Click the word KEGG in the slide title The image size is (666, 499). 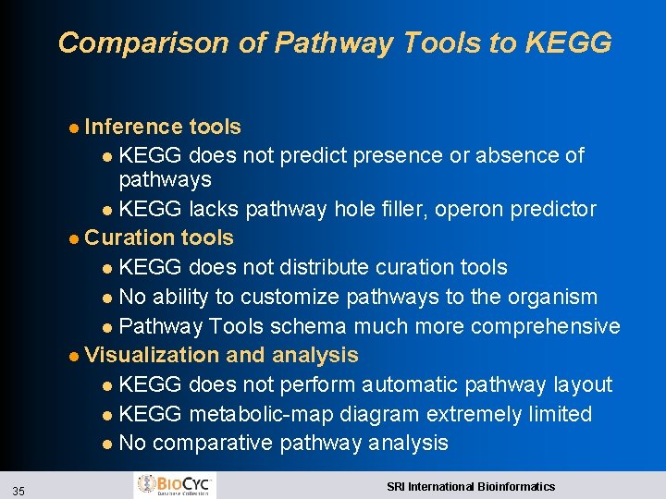[x=568, y=43]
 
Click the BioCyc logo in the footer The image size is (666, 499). [x=175, y=484]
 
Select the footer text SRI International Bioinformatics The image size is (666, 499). [x=471, y=486]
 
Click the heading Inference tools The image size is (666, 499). [x=162, y=127]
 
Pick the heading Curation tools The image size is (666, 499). [x=158, y=237]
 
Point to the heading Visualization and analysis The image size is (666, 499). [x=221, y=355]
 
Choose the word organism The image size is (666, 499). [x=551, y=297]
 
